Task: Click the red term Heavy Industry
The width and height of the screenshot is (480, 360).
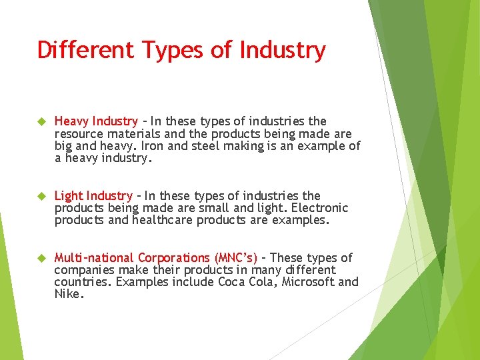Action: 96,121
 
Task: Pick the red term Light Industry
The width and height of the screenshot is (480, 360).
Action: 93,195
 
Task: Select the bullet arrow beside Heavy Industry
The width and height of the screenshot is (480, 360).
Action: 40,122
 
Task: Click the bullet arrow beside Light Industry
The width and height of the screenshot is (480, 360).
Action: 40,196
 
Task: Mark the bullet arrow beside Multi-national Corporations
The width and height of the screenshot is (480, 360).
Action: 40,258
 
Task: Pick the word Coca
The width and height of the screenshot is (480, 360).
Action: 233,282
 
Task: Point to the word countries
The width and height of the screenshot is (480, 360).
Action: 82,282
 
